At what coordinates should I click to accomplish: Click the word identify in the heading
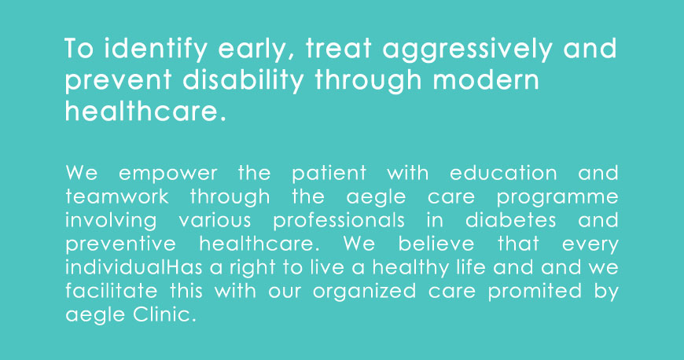tap(156, 49)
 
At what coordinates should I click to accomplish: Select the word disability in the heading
tap(243, 80)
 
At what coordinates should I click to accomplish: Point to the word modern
tap(486, 80)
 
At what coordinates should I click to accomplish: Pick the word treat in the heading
tap(339, 49)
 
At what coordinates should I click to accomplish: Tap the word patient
tap(329, 174)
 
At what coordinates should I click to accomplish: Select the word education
tap(503, 173)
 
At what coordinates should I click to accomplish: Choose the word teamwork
tap(117, 197)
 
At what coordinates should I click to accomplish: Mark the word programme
tap(557, 197)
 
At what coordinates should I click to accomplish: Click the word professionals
tap(339, 220)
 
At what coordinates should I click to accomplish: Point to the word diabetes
tap(511, 220)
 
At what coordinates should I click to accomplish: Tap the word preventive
tap(121, 244)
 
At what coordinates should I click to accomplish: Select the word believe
tap(436, 244)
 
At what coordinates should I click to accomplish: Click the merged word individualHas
tap(134, 267)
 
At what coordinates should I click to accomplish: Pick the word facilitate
tap(111, 291)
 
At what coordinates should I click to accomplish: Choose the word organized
tap(364, 292)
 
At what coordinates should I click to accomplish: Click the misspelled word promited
tap(535, 292)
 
